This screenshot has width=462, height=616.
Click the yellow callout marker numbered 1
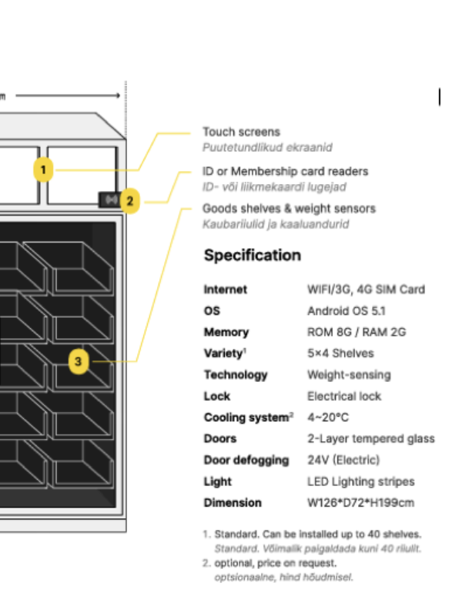pyautogui.click(x=44, y=169)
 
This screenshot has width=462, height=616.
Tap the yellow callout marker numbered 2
pyautogui.click(x=130, y=202)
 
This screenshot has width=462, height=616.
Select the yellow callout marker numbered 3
pyautogui.click(x=79, y=360)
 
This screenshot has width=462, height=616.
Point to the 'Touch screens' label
pyautogui.click(x=241, y=132)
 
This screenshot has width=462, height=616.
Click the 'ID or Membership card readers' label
pyautogui.click(x=285, y=171)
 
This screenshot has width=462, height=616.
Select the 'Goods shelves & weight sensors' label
pyautogui.click(x=289, y=209)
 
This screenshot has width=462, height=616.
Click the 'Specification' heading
pyautogui.click(x=252, y=256)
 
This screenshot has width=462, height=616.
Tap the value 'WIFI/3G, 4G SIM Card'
pyautogui.click(x=366, y=290)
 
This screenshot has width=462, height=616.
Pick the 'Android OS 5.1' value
pyautogui.click(x=346, y=311)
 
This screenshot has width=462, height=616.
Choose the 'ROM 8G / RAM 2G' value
pyautogui.click(x=357, y=333)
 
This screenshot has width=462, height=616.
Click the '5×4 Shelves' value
pyautogui.click(x=340, y=353)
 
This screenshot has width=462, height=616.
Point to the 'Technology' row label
pyautogui.click(x=235, y=375)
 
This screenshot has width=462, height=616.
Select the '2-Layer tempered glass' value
pyautogui.click(x=370, y=439)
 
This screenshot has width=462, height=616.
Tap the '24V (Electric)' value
pyautogui.click(x=343, y=460)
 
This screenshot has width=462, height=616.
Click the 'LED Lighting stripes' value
pyautogui.click(x=360, y=482)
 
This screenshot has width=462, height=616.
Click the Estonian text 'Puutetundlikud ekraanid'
pyautogui.click(x=267, y=147)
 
